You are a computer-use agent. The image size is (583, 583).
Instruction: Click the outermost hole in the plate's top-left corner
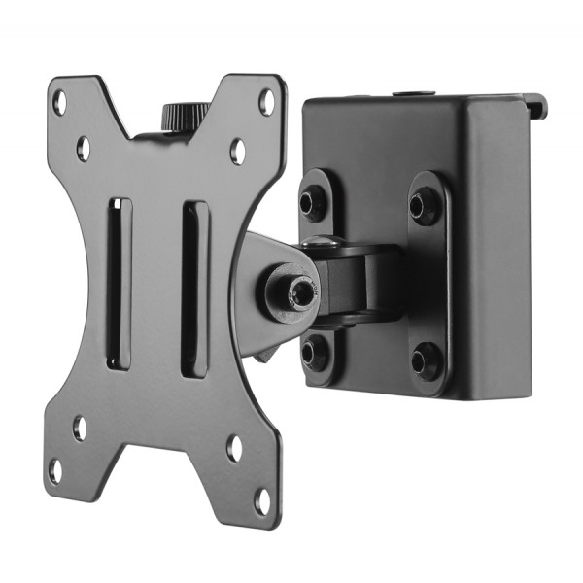click(x=59, y=100)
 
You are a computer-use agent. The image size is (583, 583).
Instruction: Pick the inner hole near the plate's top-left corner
click(x=84, y=148)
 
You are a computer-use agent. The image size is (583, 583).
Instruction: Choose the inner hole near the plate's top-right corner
click(x=237, y=150)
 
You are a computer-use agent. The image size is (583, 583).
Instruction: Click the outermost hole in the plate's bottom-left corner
click(x=55, y=470)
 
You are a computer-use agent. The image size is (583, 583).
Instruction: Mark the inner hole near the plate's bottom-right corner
click(x=234, y=448)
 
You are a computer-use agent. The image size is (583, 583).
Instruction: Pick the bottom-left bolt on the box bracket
click(x=314, y=350)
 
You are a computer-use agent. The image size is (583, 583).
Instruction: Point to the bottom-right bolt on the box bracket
click(x=425, y=362)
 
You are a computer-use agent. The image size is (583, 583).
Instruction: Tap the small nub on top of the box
click(x=404, y=95)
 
